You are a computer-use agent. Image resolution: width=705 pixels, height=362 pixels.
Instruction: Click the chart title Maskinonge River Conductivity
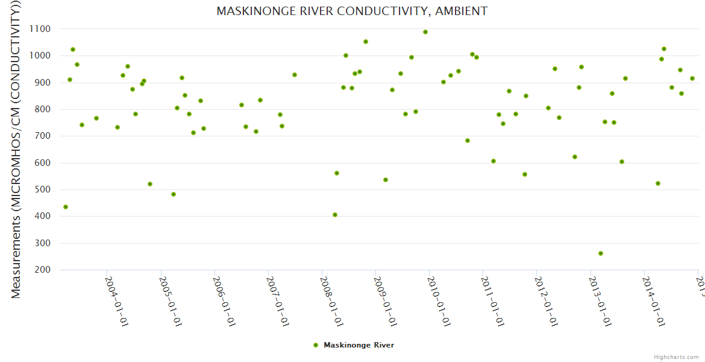[352, 11]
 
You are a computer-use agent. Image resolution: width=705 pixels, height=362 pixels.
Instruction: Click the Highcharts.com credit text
[676, 357]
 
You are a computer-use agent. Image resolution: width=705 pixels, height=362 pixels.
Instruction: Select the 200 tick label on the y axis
[42, 270]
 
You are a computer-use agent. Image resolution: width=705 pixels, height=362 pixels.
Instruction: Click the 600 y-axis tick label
[42, 163]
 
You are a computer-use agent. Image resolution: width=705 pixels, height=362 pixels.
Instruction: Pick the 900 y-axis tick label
[42, 83]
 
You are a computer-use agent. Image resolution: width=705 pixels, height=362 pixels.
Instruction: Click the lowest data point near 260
[601, 253]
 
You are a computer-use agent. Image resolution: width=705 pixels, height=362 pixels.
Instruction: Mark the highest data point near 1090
[425, 32]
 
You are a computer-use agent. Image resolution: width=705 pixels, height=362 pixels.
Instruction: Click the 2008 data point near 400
[335, 215]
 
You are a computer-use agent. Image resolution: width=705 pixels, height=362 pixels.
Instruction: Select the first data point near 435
[66, 207]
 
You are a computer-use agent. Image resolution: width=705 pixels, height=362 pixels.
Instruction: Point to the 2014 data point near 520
[658, 183]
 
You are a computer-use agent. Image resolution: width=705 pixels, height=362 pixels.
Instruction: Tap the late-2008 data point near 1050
[366, 42]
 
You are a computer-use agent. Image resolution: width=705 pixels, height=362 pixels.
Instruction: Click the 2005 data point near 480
[174, 194]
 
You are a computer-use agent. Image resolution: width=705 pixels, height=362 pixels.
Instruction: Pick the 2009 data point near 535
[386, 180]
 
